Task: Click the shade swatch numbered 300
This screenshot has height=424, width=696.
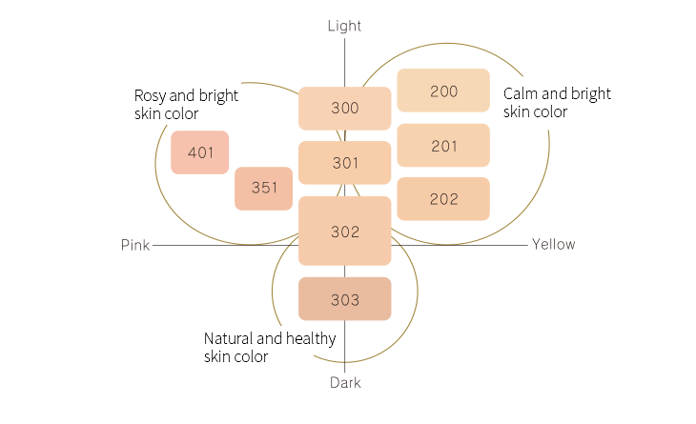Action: pyautogui.click(x=345, y=108)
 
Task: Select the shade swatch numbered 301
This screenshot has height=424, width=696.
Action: pyautogui.click(x=345, y=163)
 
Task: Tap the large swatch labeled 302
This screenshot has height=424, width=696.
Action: pyautogui.click(x=345, y=231)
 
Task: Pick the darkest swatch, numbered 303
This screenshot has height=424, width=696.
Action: pyautogui.click(x=345, y=299)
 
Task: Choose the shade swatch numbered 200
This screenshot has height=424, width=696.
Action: pyautogui.click(x=443, y=91)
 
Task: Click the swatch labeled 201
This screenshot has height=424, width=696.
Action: pyautogui.click(x=443, y=146)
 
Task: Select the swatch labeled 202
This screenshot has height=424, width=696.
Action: pyautogui.click(x=443, y=199)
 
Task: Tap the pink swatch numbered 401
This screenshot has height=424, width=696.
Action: pyautogui.click(x=200, y=152)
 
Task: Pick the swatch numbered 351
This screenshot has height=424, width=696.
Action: pyautogui.click(x=264, y=188)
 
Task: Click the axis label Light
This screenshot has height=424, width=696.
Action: pyautogui.click(x=344, y=26)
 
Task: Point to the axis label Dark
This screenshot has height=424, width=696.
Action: pyautogui.click(x=345, y=383)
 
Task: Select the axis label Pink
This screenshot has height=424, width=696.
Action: pyautogui.click(x=135, y=245)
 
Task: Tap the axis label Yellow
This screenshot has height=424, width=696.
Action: pyautogui.click(x=554, y=244)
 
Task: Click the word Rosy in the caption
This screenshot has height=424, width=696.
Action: pyautogui.click(x=150, y=96)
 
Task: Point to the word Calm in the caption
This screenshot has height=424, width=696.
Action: pyautogui.click(x=521, y=93)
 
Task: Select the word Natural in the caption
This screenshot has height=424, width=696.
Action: pyautogui.click(x=228, y=338)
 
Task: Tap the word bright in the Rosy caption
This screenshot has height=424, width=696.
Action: pyautogui.click(x=218, y=96)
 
